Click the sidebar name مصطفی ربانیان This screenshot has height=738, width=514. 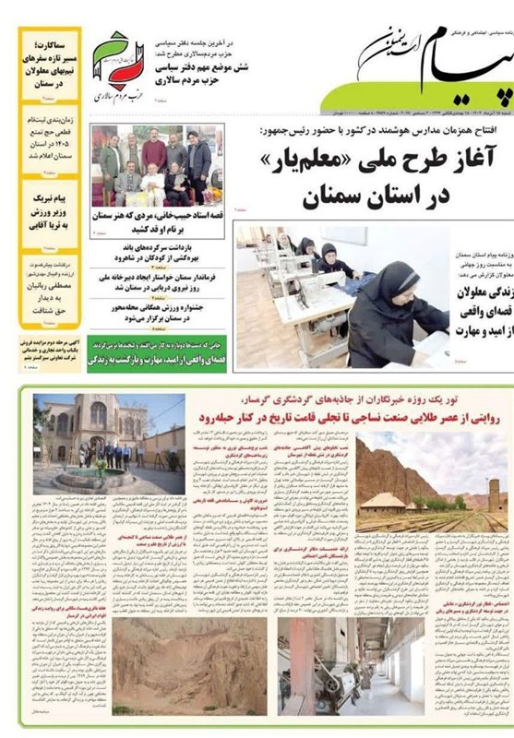49,282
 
